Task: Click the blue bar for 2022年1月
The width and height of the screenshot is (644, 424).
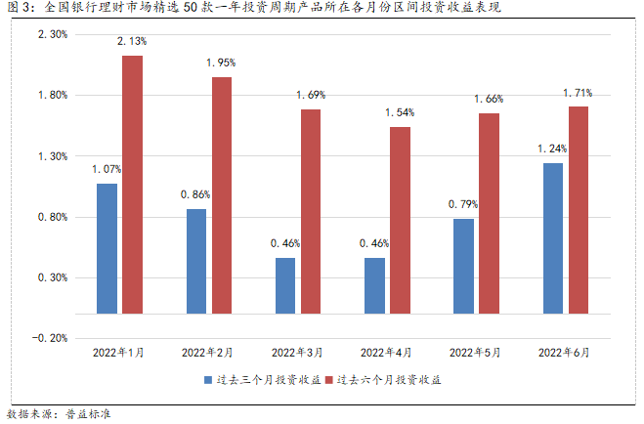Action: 107,248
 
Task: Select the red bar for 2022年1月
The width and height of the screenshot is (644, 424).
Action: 132,184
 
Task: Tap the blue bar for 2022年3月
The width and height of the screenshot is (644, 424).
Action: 285,285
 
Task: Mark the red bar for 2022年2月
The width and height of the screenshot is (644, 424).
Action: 222,194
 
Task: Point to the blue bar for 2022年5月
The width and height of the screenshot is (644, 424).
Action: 463,266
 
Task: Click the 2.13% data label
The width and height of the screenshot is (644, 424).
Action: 132,41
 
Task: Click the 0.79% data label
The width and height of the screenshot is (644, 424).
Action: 463,204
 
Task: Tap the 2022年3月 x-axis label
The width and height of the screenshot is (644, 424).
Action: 298,352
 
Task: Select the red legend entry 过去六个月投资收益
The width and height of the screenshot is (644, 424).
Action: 382,378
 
